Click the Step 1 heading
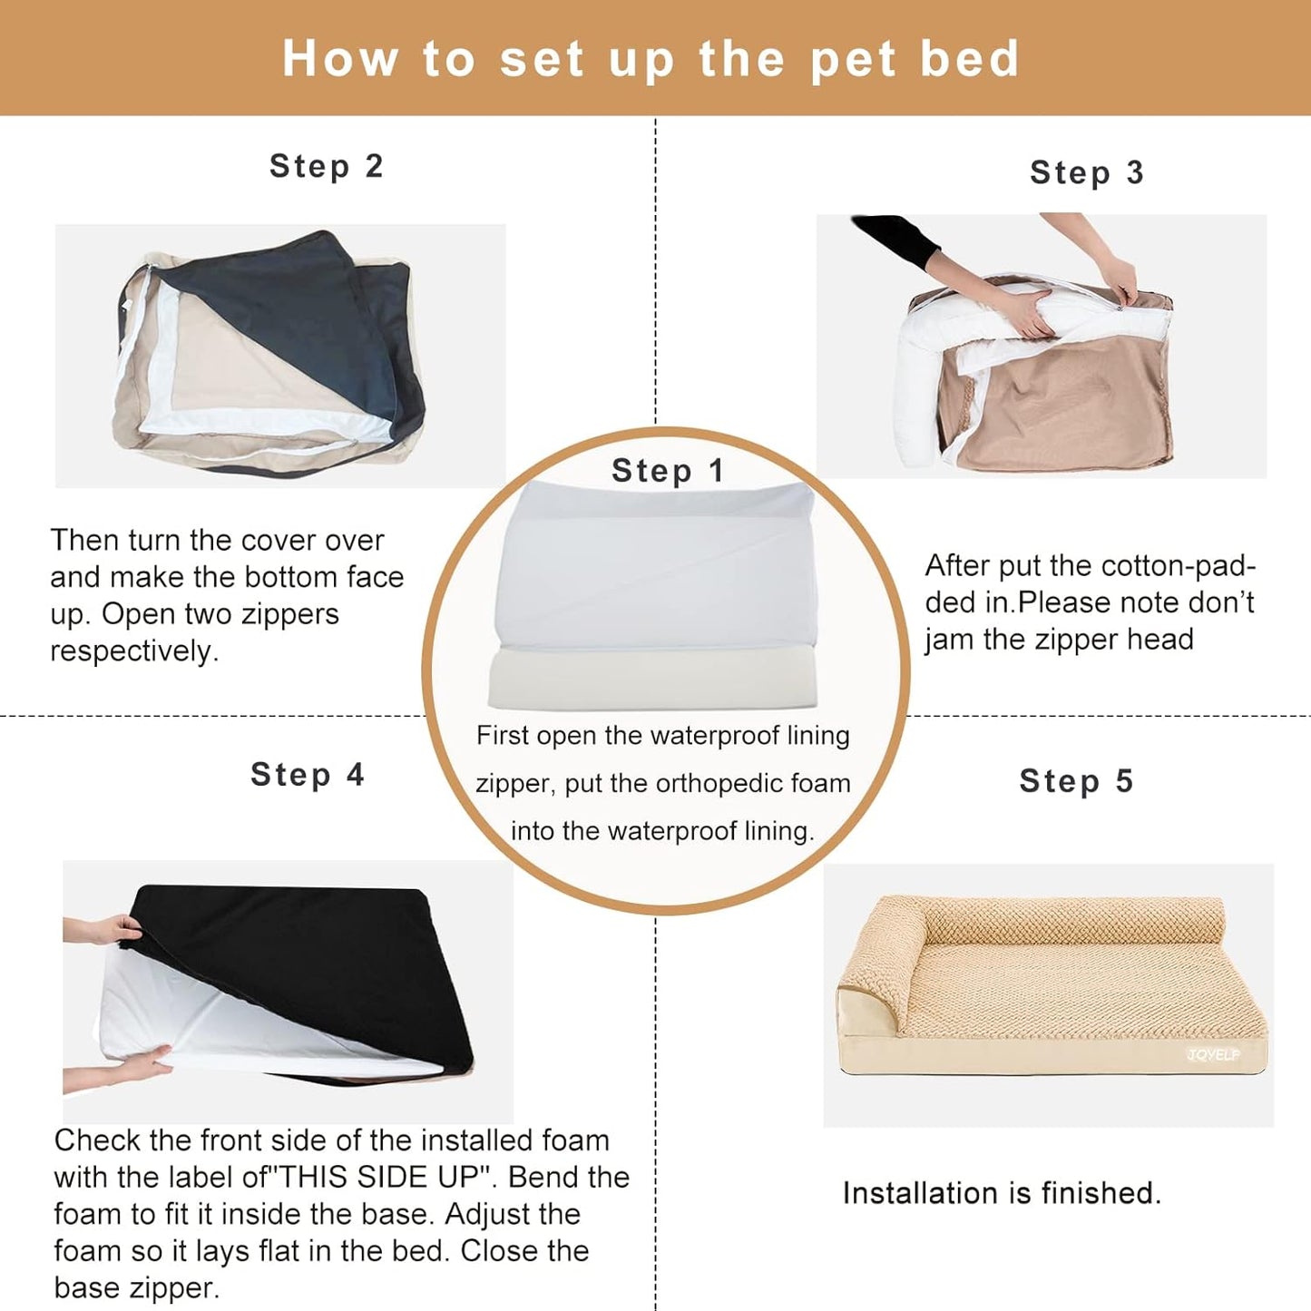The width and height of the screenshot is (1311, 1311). click(667, 471)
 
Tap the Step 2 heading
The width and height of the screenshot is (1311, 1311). click(326, 167)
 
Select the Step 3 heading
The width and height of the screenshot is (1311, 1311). click(1086, 172)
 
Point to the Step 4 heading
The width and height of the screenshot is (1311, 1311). click(307, 775)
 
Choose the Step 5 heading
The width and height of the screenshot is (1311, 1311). click(1076, 781)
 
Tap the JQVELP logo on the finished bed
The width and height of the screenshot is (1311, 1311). click(1213, 1054)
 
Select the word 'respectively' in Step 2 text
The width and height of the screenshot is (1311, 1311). click(133, 651)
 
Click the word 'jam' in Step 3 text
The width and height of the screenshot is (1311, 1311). click(949, 640)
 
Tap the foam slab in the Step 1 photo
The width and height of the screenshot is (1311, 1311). click(651, 679)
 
